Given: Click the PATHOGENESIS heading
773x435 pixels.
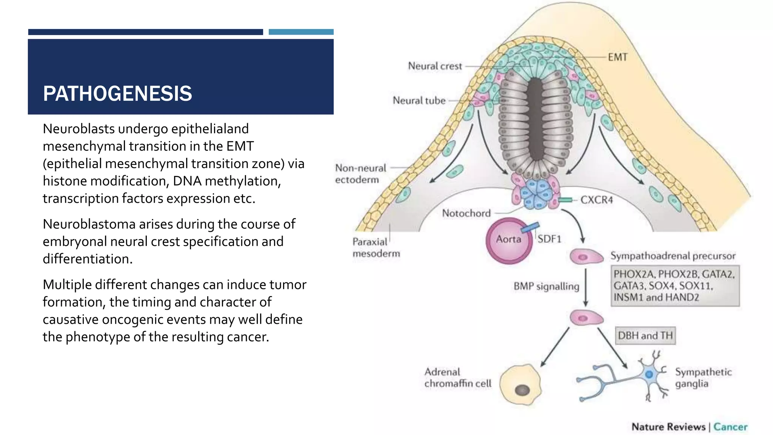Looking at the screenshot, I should (x=117, y=94).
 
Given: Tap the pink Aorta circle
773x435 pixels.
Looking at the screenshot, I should (x=509, y=240).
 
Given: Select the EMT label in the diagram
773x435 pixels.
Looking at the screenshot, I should (x=617, y=57).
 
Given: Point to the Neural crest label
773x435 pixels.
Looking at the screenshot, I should (x=435, y=66).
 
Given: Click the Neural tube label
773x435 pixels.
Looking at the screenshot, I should (x=419, y=100).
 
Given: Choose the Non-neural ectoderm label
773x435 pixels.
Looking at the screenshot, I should (x=360, y=174).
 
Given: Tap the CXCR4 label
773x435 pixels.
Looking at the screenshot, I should (x=596, y=200).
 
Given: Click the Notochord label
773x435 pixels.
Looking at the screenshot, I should (x=466, y=213).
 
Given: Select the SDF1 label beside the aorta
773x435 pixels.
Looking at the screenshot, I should (x=549, y=239).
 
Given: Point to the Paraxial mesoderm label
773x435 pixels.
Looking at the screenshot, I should (x=376, y=247).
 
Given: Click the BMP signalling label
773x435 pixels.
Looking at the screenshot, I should (x=546, y=286).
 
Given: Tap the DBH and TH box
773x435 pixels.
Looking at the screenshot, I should (x=645, y=336).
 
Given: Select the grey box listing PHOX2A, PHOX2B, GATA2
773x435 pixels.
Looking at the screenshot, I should (x=675, y=286).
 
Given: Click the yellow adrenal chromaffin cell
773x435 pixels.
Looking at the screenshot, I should (x=520, y=384).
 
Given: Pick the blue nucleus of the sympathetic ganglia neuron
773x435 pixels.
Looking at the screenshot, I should (x=649, y=375).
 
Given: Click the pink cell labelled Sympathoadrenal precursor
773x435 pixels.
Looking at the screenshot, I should (x=586, y=257).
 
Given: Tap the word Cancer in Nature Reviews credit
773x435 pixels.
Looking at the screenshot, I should (x=730, y=427).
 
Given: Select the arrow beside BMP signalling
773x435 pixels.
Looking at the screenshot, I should (x=586, y=287).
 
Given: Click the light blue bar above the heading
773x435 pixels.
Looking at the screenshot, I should (x=301, y=32).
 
